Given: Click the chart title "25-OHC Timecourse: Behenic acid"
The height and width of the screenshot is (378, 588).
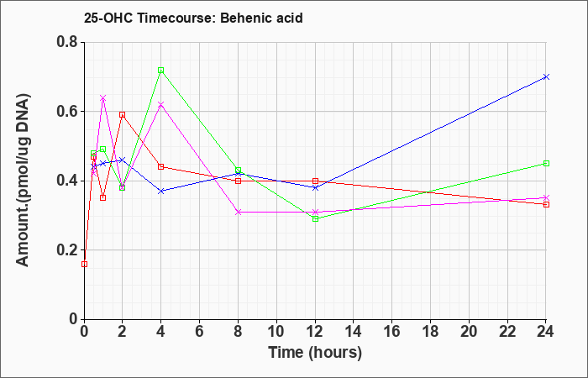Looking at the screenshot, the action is coord(193,18).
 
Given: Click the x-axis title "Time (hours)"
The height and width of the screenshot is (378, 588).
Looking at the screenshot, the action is coord(315,353).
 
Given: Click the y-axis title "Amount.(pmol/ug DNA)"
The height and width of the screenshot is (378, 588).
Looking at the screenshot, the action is coord(23,180).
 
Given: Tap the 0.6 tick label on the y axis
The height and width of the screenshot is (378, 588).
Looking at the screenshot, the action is coord(67,112).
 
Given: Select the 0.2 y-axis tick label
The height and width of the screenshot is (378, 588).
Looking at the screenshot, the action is coord(67,250).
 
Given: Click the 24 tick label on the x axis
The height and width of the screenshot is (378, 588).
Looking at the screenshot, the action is coord(546,331).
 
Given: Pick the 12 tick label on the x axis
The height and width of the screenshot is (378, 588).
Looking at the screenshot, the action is coord(315,331).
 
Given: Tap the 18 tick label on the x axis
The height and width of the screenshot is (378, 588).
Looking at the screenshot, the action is coord(430,331).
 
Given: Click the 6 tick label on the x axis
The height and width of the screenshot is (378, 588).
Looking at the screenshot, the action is coord(200,331).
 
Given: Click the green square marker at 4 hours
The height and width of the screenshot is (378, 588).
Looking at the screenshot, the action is coord(161,70).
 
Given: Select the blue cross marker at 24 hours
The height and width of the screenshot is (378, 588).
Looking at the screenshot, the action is coord(546,77).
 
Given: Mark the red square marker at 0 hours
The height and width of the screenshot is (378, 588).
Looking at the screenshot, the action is coord(84,264).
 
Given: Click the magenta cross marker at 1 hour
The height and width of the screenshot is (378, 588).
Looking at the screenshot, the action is coord(103,98).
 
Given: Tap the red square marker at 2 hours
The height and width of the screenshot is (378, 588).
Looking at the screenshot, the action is coord(123,115).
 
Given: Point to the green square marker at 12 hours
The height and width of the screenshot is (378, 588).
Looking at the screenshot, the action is coord(315,218).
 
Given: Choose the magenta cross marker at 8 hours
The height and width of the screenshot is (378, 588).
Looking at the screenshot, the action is coord(238,213).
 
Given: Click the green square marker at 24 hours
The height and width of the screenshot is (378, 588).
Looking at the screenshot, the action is coord(546,164).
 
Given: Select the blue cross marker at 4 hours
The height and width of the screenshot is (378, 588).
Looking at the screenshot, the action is coord(161,192).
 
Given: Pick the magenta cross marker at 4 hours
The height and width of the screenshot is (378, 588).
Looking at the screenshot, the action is coord(161,104).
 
